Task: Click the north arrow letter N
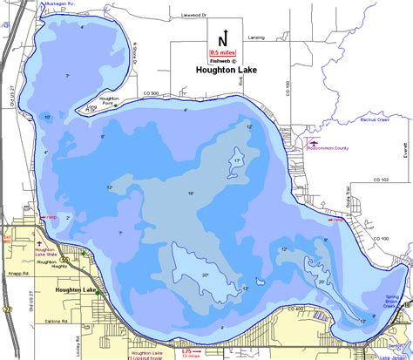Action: point(222,40)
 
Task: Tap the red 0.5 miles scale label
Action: point(222,52)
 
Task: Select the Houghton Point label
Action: point(109,101)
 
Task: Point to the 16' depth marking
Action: point(190,193)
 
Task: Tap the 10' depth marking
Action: point(47,117)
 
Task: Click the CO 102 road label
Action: point(380,180)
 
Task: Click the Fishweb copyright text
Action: point(222,61)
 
